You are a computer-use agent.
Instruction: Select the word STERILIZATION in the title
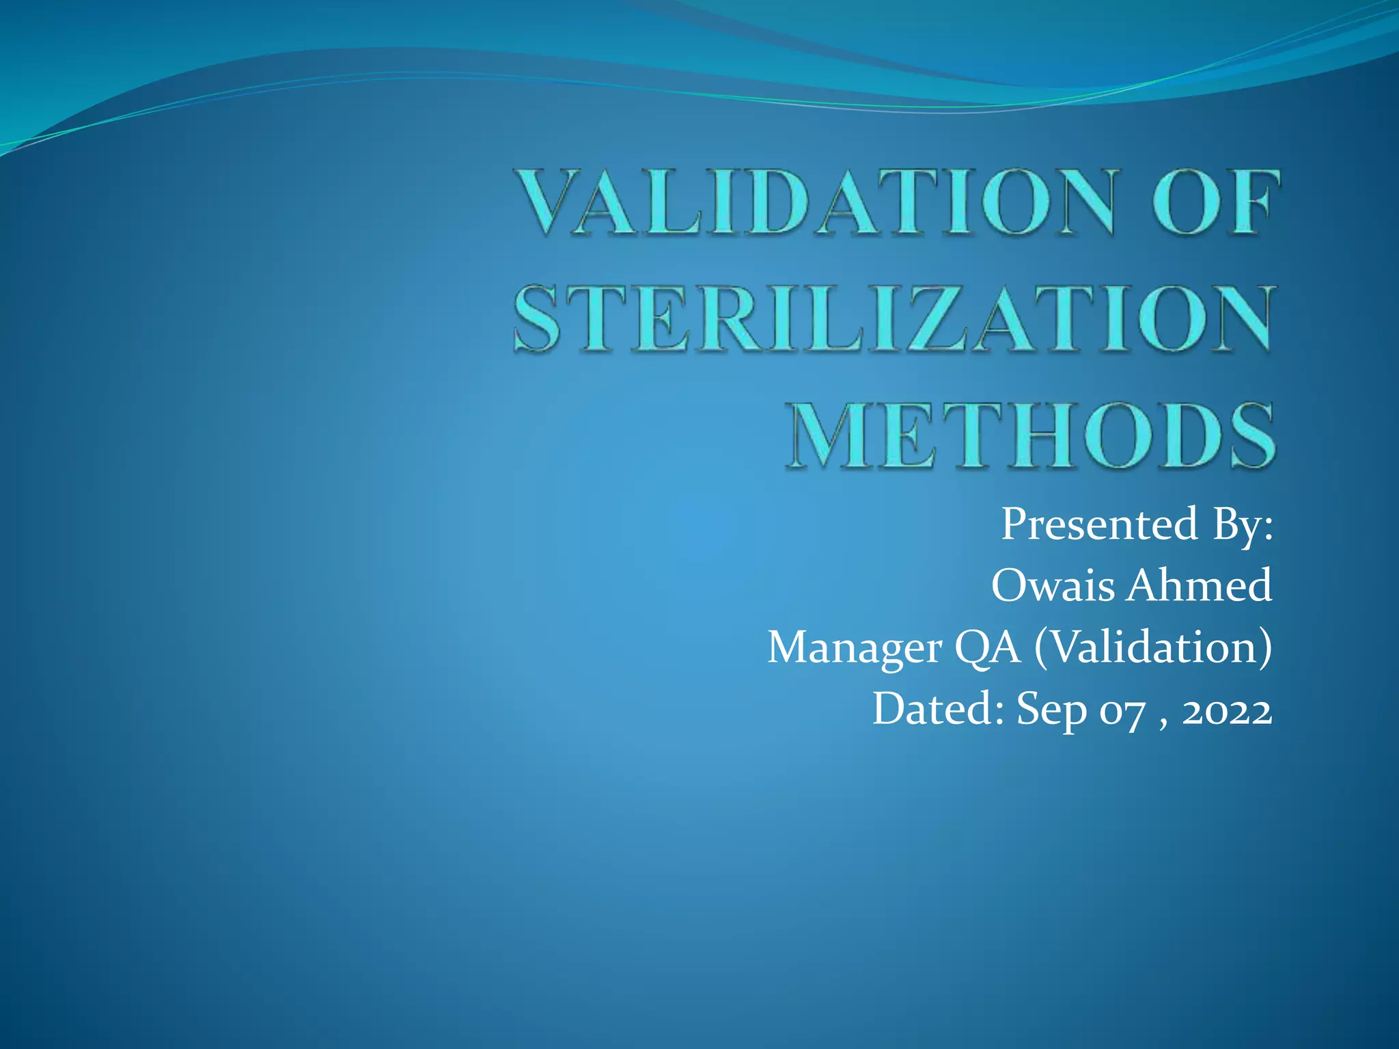(894, 319)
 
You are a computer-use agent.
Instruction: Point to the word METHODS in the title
(1030, 436)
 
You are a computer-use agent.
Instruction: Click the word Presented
(1099, 524)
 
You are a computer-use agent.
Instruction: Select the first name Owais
(1053, 585)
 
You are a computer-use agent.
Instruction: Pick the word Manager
(855, 648)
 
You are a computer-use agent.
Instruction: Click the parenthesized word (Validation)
(1153, 647)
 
